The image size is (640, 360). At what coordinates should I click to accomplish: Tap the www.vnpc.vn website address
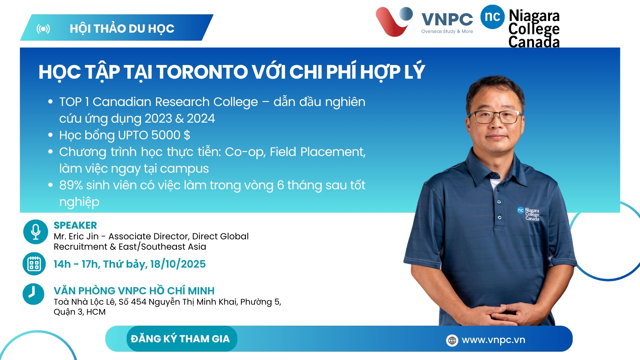click(x=493, y=340)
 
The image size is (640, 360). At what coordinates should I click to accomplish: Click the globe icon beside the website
click(x=452, y=340)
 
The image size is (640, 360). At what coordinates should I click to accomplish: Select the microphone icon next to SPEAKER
click(x=36, y=232)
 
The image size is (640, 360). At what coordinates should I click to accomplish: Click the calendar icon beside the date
click(x=34, y=264)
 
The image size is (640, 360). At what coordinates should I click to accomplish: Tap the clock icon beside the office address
click(x=33, y=294)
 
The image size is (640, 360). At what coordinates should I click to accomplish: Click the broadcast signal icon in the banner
click(x=43, y=29)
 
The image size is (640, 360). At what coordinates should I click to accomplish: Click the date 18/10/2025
click(x=178, y=264)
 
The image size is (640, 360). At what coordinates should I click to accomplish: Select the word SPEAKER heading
click(x=75, y=225)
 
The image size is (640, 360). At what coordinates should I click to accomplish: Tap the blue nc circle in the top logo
click(x=492, y=17)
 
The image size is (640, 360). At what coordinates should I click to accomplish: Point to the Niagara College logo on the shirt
click(x=528, y=214)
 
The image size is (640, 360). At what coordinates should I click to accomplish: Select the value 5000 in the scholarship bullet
click(x=166, y=135)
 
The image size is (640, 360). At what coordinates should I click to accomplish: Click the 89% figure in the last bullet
click(x=71, y=185)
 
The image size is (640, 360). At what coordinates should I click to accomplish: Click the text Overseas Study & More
click(x=447, y=31)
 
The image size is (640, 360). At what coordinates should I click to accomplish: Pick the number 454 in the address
click(x=139, y=302)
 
